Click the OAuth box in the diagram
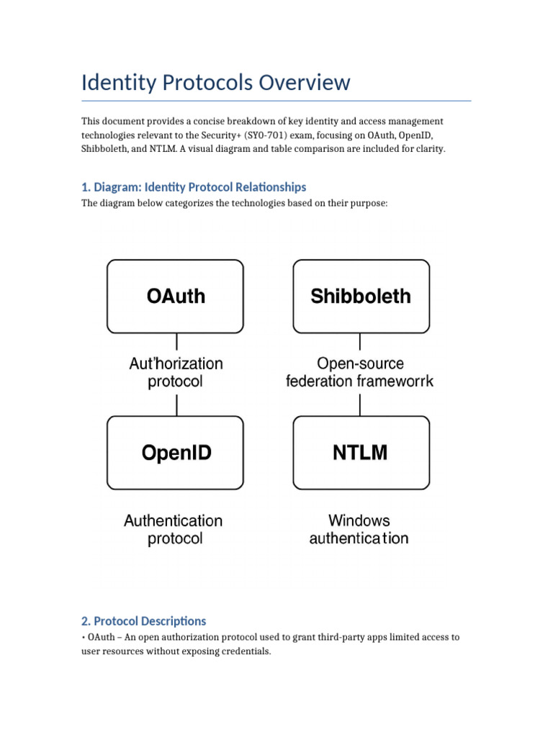tap(176, 296)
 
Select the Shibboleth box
tap(361, 296)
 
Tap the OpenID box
tap(176, 452)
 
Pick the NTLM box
tap(361, 452)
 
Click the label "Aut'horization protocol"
tap(176, 372)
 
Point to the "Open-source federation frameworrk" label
tap(360, 372)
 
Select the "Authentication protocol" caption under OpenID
tap(174, 529)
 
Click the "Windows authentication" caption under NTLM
tap(359, 529)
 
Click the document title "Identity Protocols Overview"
tap(215, 82)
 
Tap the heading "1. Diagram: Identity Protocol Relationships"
tap(194, 187)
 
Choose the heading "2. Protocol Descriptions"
tap(143, 620)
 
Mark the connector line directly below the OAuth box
tap(176, 341)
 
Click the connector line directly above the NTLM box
tap(360, 404)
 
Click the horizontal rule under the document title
tap(276, 101)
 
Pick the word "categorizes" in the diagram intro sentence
tap(168, 203)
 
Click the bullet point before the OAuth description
tap(84, 638)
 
